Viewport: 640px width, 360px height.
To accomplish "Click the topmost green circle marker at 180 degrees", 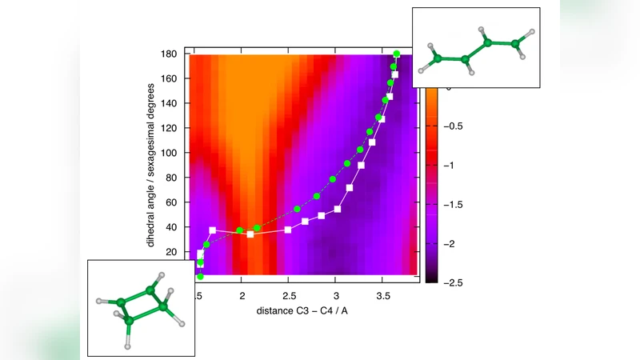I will pyautogui.click(x=397, y=54).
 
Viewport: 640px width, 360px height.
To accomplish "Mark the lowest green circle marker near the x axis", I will pyautogui.click(x=200, y=277).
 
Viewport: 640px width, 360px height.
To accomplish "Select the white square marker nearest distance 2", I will pyautogui.click(x=250, y=234).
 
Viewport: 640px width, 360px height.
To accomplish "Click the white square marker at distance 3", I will pyautogui.click(x=338, y=209).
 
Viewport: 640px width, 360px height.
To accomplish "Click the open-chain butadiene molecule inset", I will pyautogui.click(x=475, y=46).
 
